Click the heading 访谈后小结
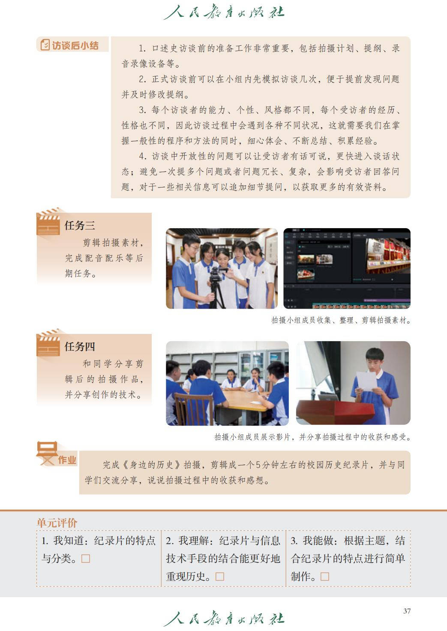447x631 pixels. click(75, 45)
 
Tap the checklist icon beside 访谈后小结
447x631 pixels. click(45, 45)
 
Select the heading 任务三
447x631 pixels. click(80, 225)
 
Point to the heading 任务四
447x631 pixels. click(80, 346)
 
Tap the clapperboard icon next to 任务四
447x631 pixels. click(48, 343)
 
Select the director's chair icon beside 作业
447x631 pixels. click(47, 453)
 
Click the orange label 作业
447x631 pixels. click(67, 460)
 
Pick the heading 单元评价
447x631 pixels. click(57, 523)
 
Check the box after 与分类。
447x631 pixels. click(86, 559)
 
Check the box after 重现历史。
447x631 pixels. click(220, 577)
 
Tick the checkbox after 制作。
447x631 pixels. click(325, 577)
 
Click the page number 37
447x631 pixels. click(407, 611)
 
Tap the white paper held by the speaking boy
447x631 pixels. click(366, 381)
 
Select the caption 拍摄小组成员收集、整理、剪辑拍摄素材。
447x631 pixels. click(341, 320)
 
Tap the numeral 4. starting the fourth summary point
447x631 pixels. click(142, 156)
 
